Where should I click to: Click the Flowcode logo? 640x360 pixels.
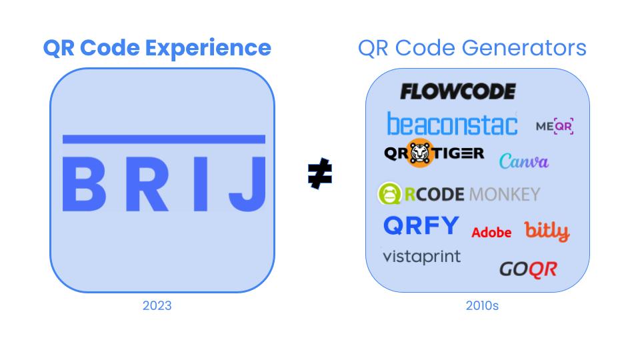pos(457,91)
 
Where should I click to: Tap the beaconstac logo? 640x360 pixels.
pos(452,124)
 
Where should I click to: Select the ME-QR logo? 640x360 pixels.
pos(555,126)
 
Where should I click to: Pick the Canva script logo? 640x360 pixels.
pos(523,161)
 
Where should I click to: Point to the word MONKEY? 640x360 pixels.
pos(504,194)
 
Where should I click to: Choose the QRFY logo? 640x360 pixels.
pos(421,226)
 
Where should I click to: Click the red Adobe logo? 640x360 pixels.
pos(491,232)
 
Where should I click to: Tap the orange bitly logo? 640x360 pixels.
pos(547,231)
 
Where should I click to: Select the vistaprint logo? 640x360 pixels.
pos(421,256)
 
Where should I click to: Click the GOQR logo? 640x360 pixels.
pos(528,269)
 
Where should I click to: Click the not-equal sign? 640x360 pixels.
pos(320,175)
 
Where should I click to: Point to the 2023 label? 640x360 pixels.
pos(157,306)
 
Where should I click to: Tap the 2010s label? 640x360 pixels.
pos(481,306)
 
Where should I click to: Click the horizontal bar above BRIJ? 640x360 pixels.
pos(163,139)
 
